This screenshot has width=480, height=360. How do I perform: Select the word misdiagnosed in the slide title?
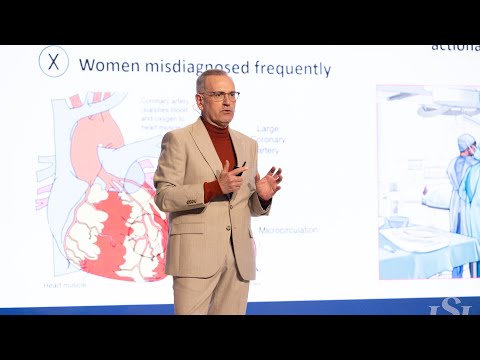click(x=199, y=67)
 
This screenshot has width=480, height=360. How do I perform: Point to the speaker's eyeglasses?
click(x=220, y=95)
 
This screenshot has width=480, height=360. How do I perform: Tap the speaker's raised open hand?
click(x=268, y=183)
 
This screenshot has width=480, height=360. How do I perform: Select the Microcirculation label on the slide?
click(x=287, y=229)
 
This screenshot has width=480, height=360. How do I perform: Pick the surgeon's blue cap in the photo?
click(x=465, y=142)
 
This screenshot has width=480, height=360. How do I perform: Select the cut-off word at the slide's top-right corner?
click(x=454, y=47)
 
